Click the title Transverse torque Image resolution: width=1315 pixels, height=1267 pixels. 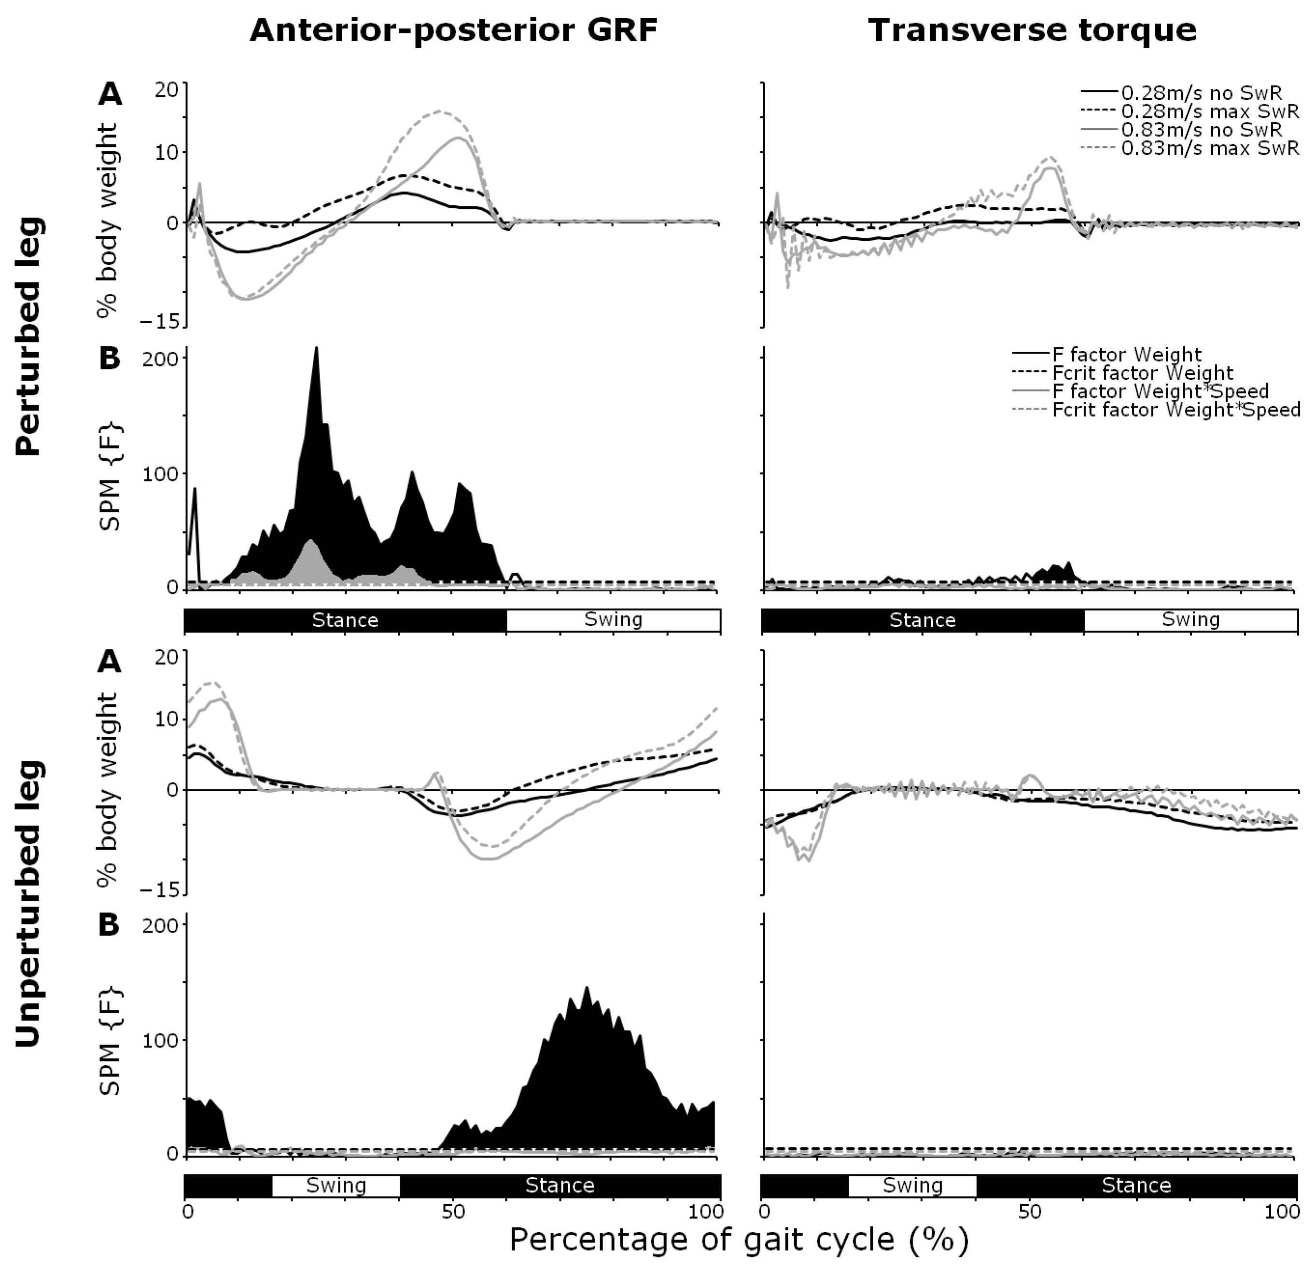click(x=1032, y=30)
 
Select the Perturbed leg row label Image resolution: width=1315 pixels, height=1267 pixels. click(x=28, y=337)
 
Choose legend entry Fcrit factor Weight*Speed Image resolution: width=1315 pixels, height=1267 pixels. click(x=1175, y=409)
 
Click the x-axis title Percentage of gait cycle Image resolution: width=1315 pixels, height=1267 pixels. click(x=739, y=1239)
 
